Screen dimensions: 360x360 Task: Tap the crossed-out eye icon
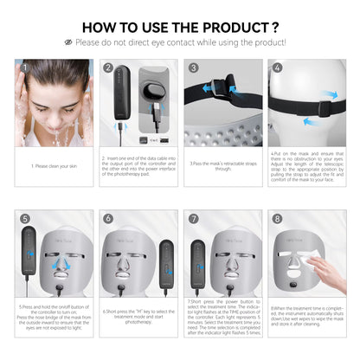67,42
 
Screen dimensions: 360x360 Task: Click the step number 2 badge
108,67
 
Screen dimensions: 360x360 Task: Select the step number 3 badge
192,67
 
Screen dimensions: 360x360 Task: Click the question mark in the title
274,25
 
